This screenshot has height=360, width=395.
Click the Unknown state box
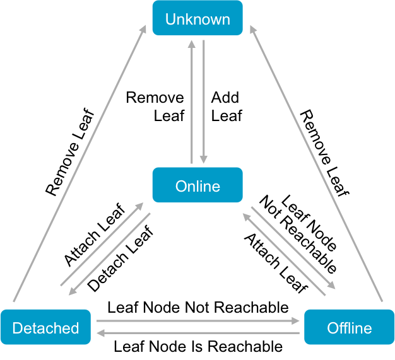197,18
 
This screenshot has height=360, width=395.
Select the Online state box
197,185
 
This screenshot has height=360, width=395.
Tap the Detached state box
45,327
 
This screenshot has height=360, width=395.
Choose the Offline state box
349,327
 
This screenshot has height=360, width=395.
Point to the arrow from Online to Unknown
192,101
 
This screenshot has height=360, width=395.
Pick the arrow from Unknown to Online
203,101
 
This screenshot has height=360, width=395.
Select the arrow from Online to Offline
293,247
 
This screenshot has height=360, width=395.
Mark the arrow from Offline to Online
284,254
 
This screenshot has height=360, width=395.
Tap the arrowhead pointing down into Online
203,158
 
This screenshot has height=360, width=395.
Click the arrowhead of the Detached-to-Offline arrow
297,321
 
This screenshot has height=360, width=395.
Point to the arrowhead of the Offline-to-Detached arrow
100,332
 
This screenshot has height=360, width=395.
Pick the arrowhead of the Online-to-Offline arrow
332,286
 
